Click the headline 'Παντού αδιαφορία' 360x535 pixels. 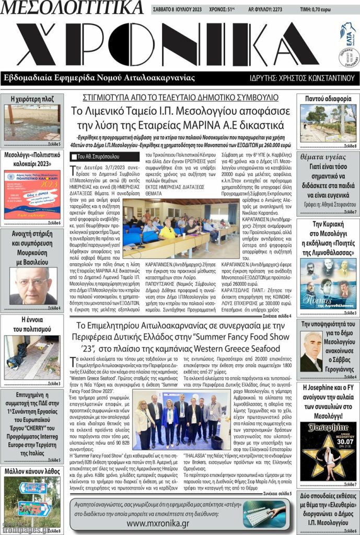(328, 98)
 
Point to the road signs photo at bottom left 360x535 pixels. (32, 502)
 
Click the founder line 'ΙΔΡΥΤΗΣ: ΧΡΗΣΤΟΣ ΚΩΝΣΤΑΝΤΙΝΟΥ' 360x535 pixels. (302, 78)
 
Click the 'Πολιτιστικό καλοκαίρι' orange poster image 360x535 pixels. (32, 194)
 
